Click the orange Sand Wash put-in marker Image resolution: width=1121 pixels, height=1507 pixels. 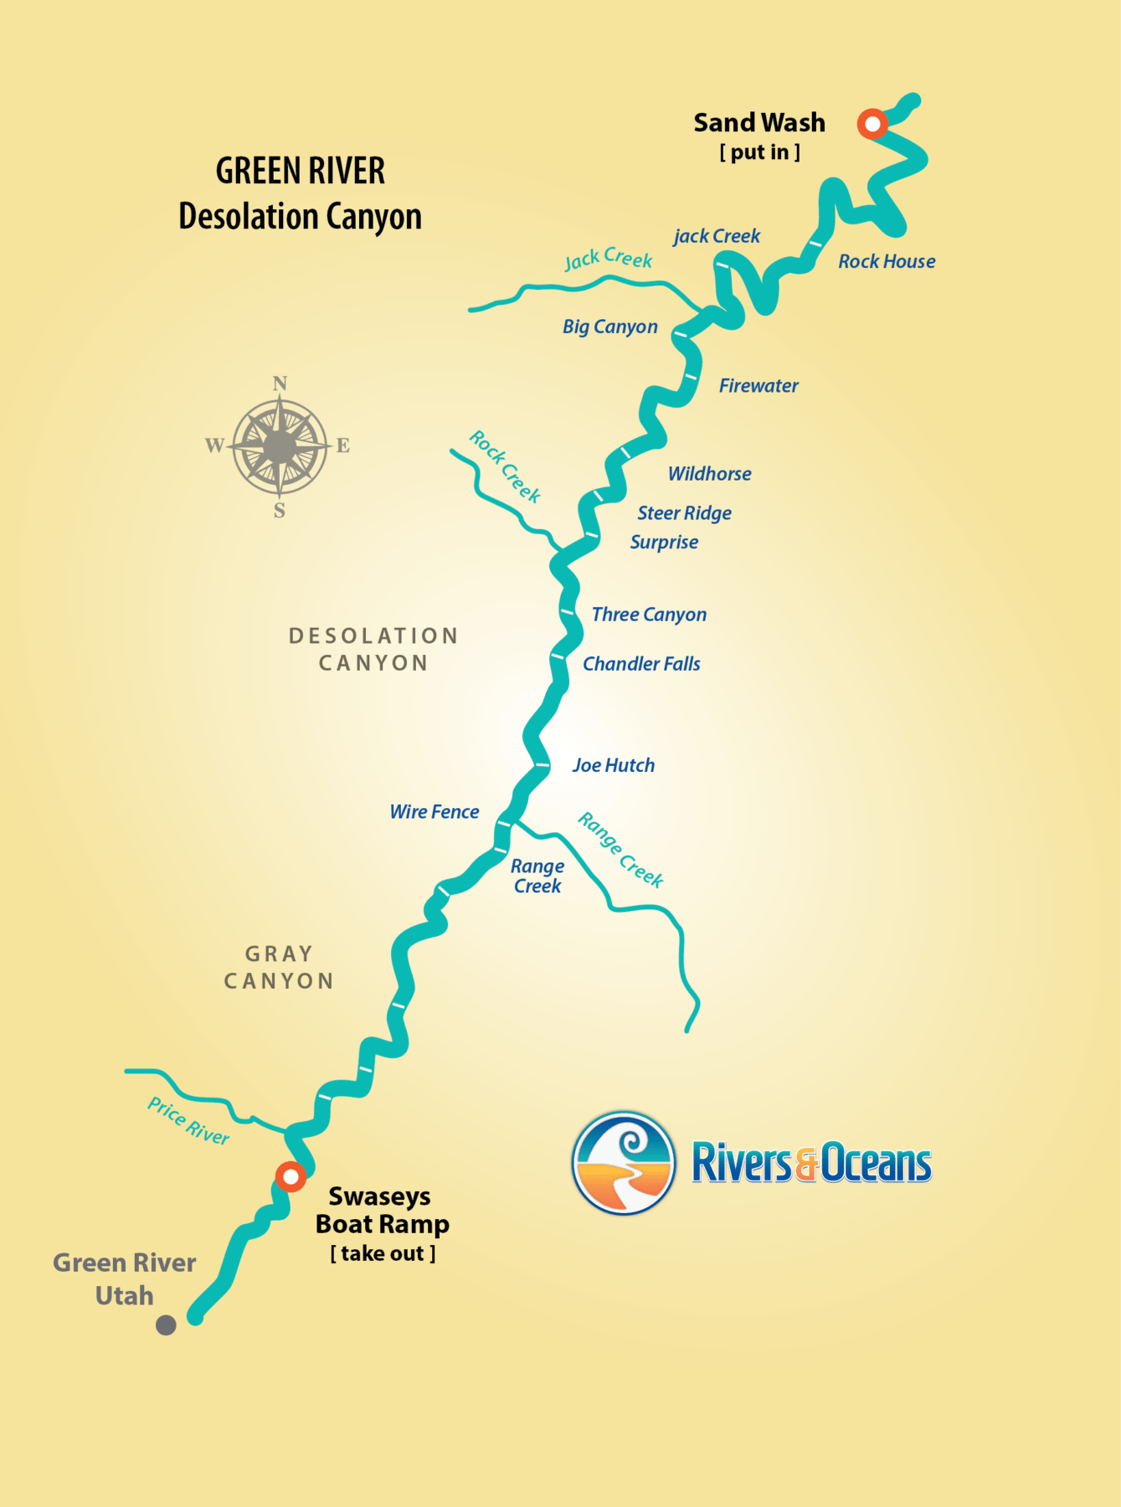tap(872, 124)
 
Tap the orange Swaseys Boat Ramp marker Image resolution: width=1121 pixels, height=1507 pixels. tap(291, 1176)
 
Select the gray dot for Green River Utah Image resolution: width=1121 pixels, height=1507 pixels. tap(166, 1324)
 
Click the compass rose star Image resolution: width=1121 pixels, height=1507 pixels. tap(280, 446)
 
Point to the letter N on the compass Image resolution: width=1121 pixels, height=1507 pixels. tap(280, 383)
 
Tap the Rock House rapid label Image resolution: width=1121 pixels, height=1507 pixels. tap(887, 261)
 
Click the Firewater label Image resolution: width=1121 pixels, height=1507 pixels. tap(758, 386)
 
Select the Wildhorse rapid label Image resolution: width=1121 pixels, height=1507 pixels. tap(709, 474)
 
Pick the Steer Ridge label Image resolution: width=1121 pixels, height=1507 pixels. tap(684, 513)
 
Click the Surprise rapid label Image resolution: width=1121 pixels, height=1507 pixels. tap(664, 543)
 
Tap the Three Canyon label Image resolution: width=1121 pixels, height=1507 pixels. tap(649, 615)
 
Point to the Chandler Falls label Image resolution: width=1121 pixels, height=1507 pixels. tap(641, 664)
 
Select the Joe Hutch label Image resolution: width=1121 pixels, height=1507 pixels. tap(614, 765)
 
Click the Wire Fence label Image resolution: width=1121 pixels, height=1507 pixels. tap(435, 812)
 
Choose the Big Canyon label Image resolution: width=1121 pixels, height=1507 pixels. tap(610, 327)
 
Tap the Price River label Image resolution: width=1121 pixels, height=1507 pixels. tap(188, 1120)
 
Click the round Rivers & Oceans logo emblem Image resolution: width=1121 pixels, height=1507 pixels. tap(624, 1163)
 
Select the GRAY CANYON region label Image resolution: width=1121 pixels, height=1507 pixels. tap(279, 967)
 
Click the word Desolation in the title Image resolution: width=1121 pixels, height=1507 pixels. tap(249, 217)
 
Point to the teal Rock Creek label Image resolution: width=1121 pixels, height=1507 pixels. tap(505, 465)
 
